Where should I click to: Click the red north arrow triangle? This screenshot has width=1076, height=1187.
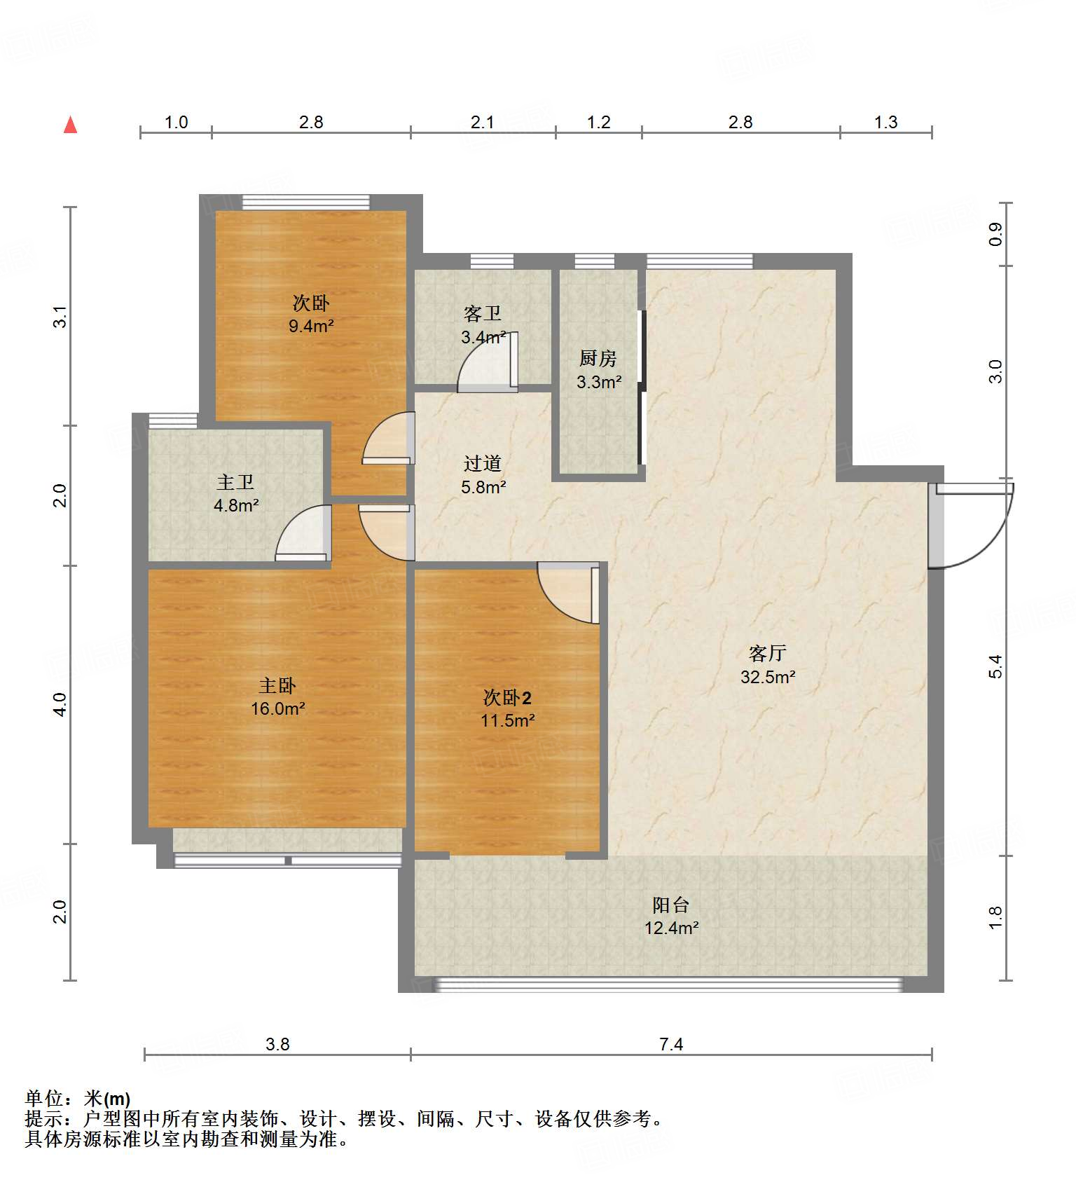70,125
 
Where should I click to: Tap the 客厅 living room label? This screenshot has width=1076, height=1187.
767,653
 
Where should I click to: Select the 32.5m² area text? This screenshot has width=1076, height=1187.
768,677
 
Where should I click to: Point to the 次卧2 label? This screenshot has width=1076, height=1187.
507,697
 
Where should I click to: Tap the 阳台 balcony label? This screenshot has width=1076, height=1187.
671,905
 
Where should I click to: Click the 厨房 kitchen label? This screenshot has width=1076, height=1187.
598,358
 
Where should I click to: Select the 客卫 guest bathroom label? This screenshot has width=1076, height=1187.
483,313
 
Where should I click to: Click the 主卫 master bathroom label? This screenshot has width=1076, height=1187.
235,482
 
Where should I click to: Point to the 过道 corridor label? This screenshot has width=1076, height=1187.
483,463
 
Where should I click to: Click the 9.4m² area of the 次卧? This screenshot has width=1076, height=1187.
311,326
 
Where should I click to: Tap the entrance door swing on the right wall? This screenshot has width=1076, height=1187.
971,526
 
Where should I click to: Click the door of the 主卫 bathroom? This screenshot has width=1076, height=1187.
303,533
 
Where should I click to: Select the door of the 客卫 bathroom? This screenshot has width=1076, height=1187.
488,362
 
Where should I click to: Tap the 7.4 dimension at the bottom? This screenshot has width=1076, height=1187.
671,1045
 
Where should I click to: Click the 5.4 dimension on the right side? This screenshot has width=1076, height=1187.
995,666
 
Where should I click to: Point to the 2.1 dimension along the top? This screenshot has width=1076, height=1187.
482,123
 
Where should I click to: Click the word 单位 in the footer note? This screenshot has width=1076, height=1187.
44,1099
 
